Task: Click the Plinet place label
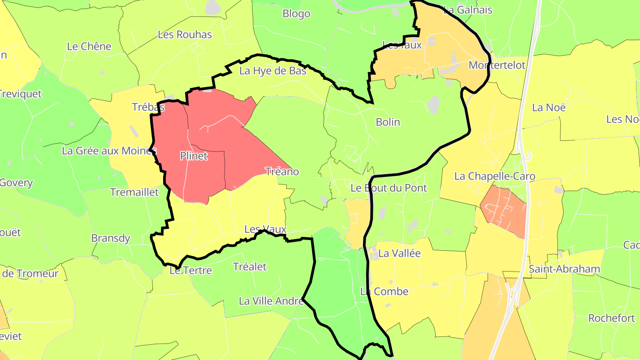pos(194,156)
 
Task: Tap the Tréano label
pos(282,172)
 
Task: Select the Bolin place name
pos(388,122)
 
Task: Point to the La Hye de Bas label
pos(273,71)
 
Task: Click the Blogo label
pos(296,14)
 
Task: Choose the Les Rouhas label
pos(185,34)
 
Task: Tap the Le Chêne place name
pos(89,46)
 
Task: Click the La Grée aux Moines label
pos(109,151)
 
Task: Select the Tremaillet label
pos(134,192)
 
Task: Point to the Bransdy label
pos(111,238)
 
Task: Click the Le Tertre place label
pos(191,270)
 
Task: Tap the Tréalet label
pos(250,267)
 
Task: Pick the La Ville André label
pos(271,301)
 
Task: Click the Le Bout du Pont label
pos(388,188)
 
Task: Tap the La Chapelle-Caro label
pos(495,176)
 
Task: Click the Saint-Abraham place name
pos(564,269)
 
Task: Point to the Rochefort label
pos(612,318)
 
